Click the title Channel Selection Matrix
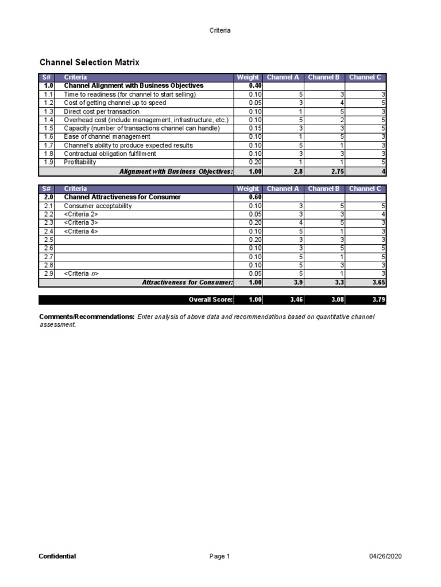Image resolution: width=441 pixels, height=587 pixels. [x=89, y=62]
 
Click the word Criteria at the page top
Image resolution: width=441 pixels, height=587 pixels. [x=220, y=30]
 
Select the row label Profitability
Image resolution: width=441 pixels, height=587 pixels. [x=80, y=162]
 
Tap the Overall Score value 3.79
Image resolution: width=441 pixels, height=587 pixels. [x=377, y=299]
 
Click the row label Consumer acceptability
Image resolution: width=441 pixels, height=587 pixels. [x=98, y=206]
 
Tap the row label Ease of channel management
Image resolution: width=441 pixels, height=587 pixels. [x=107, y=137]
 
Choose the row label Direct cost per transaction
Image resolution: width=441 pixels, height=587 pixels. [x=102, y=111]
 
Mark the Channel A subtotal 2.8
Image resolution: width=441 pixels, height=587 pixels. [x=293, y=171]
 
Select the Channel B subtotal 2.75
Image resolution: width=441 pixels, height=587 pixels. [x=335, y=171]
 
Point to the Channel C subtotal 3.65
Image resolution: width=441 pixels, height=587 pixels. [x=377, y=283]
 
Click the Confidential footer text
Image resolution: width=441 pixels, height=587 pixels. [x=57, y=556]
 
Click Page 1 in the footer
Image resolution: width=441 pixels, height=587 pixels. [x=220, y=556]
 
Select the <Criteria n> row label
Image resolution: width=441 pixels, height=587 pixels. [x=81, y=274]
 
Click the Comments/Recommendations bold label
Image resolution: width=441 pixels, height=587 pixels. [x=87, y=317]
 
